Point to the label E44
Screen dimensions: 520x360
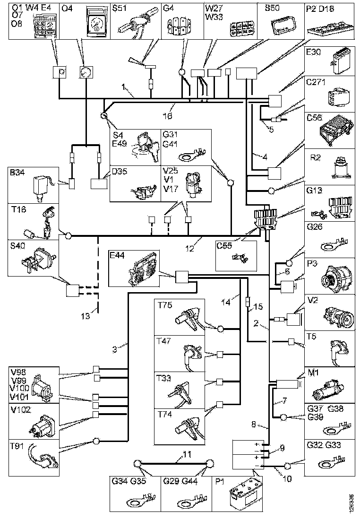tap(119, 255)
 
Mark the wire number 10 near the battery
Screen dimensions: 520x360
tap(287, 479)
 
